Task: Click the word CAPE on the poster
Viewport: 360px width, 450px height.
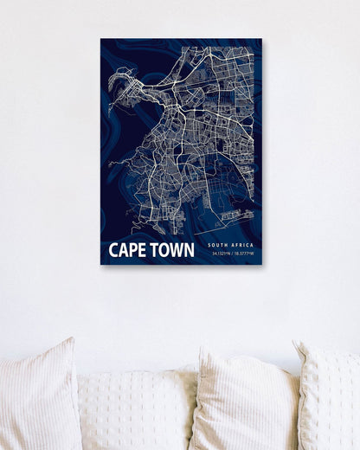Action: click(x=126, y=251)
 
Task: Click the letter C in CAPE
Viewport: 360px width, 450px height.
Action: click(x=113, y=251)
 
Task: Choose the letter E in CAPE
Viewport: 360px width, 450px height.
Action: click(x=139, y=251)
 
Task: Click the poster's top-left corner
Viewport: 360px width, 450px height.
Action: click(x=100, y=38)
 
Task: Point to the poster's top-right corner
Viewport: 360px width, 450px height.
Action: click(x=261, y=38)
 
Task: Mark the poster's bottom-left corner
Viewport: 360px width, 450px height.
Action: click(x=100, y=264)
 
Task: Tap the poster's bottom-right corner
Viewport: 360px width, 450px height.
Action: click(x=261, y=264)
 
